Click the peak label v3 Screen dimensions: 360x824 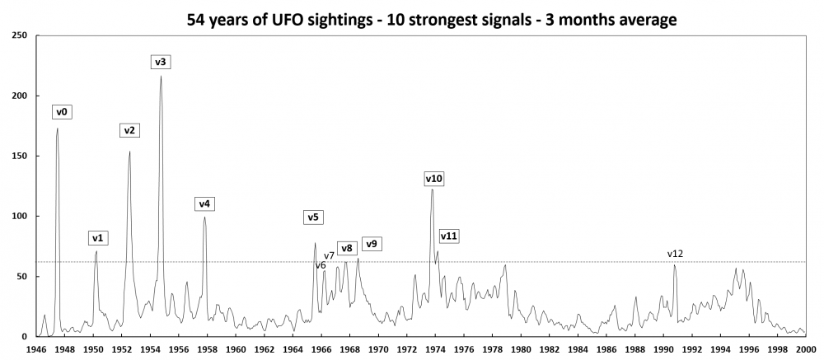(x=161, y=62)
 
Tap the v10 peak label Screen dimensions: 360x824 (x=434, y=178)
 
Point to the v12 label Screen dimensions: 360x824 (x=676, y=254)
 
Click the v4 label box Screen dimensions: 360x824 (x=204, y=203)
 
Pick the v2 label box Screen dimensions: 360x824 (x=130, y=130)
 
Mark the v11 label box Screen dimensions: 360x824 (x=449, y=236)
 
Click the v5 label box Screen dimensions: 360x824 (x=313, y=217)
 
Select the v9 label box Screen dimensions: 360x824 (x=372, y=244)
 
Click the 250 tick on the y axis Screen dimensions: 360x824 (x=20, y=35)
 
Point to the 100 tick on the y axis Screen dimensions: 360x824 (x=20, y=216)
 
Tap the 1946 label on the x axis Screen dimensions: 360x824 (x=35, y=348)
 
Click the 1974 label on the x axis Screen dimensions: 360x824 (x=435, y=348)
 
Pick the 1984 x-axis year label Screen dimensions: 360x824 (x=578, y=348)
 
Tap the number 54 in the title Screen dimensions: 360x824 (x=199, y=19)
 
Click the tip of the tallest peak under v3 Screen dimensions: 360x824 (x=161, y=76)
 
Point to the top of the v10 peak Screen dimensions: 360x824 (x=432, y=189)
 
